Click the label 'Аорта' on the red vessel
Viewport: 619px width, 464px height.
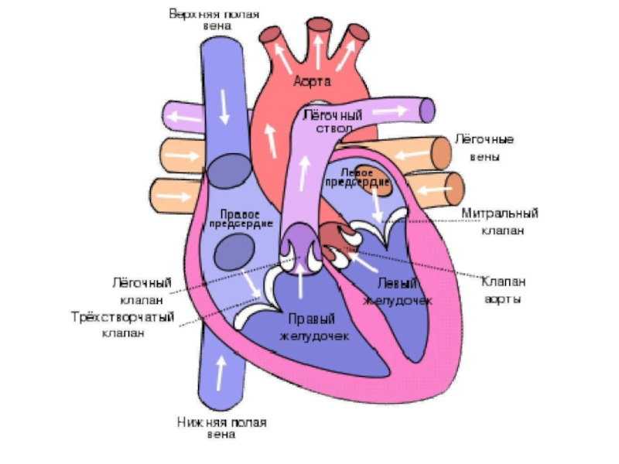click(x=313, y=80)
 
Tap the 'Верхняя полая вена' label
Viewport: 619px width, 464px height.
click(x=214, y=20)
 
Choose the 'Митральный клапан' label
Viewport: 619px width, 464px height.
click(x=500, y=220)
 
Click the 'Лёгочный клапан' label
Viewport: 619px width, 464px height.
click(x=141, y=291)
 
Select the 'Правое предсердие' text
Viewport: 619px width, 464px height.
click(x=240, y=218)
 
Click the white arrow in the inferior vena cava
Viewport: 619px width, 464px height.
click(x=222, y=373)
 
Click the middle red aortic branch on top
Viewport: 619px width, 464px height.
click(x=317, y=35)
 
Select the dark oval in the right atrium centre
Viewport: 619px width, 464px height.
click(x=233, y=251)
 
